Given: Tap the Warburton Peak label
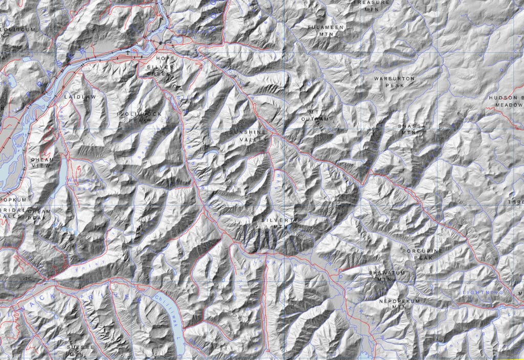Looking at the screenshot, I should tap(389, 82).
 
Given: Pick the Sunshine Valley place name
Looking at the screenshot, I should tap(249, 136).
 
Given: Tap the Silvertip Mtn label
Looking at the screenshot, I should tap(275, 222).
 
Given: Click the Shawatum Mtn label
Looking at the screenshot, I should tap(387, 276).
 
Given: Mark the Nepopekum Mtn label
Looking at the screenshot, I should tap(399, 304).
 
